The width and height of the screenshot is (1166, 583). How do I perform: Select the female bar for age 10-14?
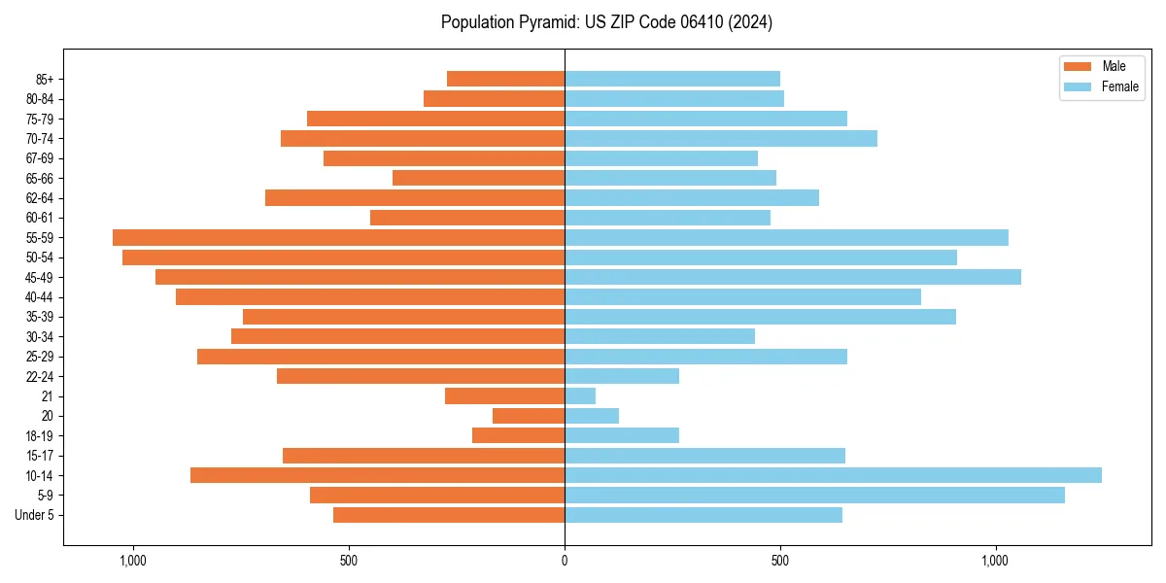tap(833, 475)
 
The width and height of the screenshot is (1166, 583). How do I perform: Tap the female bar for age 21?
tap(580, 395)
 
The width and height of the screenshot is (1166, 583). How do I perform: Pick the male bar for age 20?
tap(529, 416)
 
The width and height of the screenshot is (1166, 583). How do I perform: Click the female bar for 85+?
tap(672, 79)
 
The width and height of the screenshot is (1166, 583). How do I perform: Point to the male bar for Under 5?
tap(449, 515)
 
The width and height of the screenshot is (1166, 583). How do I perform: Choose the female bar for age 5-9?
tap(814, 495)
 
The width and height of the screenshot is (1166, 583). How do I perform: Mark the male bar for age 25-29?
tap(381, 357)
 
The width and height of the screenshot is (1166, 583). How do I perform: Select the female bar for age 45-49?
tap(793, 277)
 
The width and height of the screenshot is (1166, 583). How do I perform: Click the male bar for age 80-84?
tap(494, 98)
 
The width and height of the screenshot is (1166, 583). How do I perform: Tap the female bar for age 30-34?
tap(660, 336)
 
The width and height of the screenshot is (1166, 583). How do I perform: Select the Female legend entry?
tap(1102, 86)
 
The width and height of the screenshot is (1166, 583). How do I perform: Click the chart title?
tap(606, 22)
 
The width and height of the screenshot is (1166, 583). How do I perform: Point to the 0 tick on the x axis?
tap(565, 561)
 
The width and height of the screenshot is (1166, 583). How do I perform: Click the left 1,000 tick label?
tap(133, 561)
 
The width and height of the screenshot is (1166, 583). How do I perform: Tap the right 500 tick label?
tap(779, 561)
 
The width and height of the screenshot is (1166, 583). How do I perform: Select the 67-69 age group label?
tap(40, 158)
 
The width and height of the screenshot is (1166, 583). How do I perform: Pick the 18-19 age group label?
tap(40, 435)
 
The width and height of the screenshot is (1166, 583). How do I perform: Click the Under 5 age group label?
tap(35, 515)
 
